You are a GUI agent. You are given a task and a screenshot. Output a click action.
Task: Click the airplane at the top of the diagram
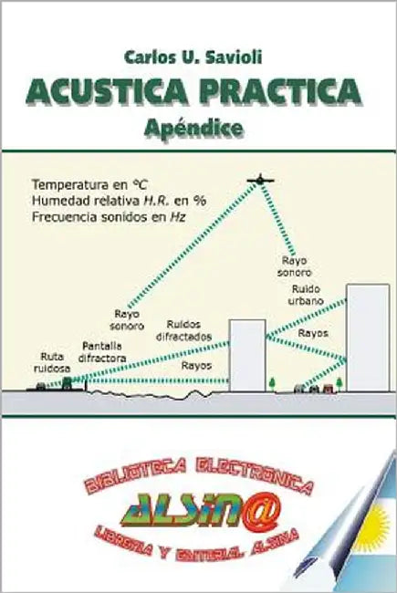pyautogui.click(x=260, y=180)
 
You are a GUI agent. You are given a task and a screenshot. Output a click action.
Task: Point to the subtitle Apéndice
pyautogui.click(x=193, y=129)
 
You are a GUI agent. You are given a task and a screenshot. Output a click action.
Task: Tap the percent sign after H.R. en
pyautogui.click(x=200, y=202)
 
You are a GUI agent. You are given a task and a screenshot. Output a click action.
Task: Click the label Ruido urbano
pyautogui.click(x=306, y=295)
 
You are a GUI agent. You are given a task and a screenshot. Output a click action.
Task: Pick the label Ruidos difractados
pyautogui.click(x=184, y=330)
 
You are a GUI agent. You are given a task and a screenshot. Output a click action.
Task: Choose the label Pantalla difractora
pyautogui.click(x=102, y=352)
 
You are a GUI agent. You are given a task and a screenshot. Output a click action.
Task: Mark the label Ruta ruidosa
pyautogui.click(x=52, y=363)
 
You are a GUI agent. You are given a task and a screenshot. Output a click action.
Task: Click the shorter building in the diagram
pyautogui.click(x=247, y=356)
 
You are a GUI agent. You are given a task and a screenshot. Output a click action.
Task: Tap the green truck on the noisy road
pyautogui.click(x=68, y=383)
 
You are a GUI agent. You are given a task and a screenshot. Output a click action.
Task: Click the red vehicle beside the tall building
pyautogui.click(x=329, y=388)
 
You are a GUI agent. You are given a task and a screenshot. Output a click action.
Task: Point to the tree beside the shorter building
pyautogui.click(x=272, y=384)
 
